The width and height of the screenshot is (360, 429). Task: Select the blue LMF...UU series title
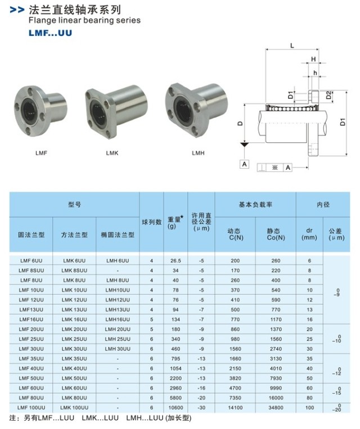(x=50, y=33)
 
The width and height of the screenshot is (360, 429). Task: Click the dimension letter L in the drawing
(x=292, y=47)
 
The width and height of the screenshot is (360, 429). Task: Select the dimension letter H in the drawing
(x=313, y=59)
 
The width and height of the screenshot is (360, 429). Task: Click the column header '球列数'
(x=151, y=222)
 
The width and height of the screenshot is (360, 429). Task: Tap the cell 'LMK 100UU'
(x=74, y=407)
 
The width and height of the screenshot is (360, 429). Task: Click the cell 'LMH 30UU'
(x=118, y=349)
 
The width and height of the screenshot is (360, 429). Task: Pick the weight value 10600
(x=175, y=407)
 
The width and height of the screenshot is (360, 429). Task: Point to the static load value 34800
(x=276, y=407)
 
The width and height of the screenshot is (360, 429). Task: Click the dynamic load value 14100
(x=235, y=407)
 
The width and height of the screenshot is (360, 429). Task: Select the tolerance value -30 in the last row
(x=201, y=407)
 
